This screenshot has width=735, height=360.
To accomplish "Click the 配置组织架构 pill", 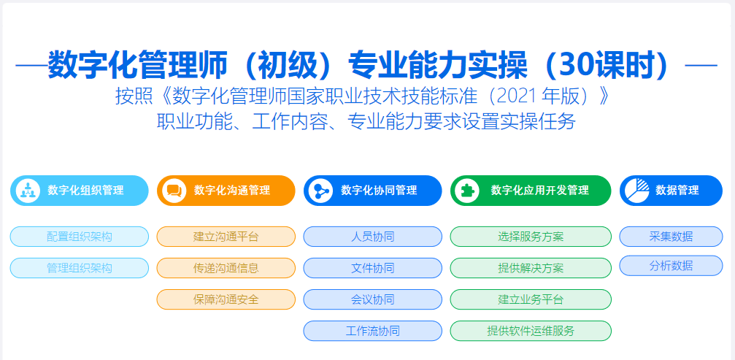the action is pos(80,237).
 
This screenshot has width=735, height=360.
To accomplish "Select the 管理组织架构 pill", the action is pos(80,268).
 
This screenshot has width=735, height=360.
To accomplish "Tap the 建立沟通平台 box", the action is pos(226,237).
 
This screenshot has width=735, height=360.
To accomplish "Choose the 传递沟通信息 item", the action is pos(226,268).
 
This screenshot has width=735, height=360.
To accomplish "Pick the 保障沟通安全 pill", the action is pos(226,299).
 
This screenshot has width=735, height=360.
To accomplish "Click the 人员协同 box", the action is pos(373,237).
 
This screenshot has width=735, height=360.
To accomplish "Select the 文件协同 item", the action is pos(373,268).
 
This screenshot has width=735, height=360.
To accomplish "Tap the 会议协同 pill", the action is pos(373,299).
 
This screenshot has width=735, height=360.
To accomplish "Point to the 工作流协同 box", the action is pos(373,331).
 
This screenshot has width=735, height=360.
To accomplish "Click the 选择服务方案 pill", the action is pos(531,237).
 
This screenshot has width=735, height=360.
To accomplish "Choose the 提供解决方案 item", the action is pos(531,268).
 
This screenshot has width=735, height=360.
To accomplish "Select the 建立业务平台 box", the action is pos(531,299).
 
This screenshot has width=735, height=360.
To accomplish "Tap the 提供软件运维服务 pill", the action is pos(531,331).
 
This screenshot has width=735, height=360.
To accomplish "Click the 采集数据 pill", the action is pos(671,237).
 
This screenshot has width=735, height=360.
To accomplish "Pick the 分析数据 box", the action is pos(671,266).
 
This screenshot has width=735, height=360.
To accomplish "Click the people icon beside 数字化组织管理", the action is pos(28,191).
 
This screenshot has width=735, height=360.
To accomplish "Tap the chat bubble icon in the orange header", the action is pos(174,191).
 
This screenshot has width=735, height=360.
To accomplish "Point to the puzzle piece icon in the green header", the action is pos(467,191).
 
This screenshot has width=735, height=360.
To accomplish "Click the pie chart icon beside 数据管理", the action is pos(637,191).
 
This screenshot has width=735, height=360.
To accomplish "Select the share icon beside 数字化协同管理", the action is pos(320,191).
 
